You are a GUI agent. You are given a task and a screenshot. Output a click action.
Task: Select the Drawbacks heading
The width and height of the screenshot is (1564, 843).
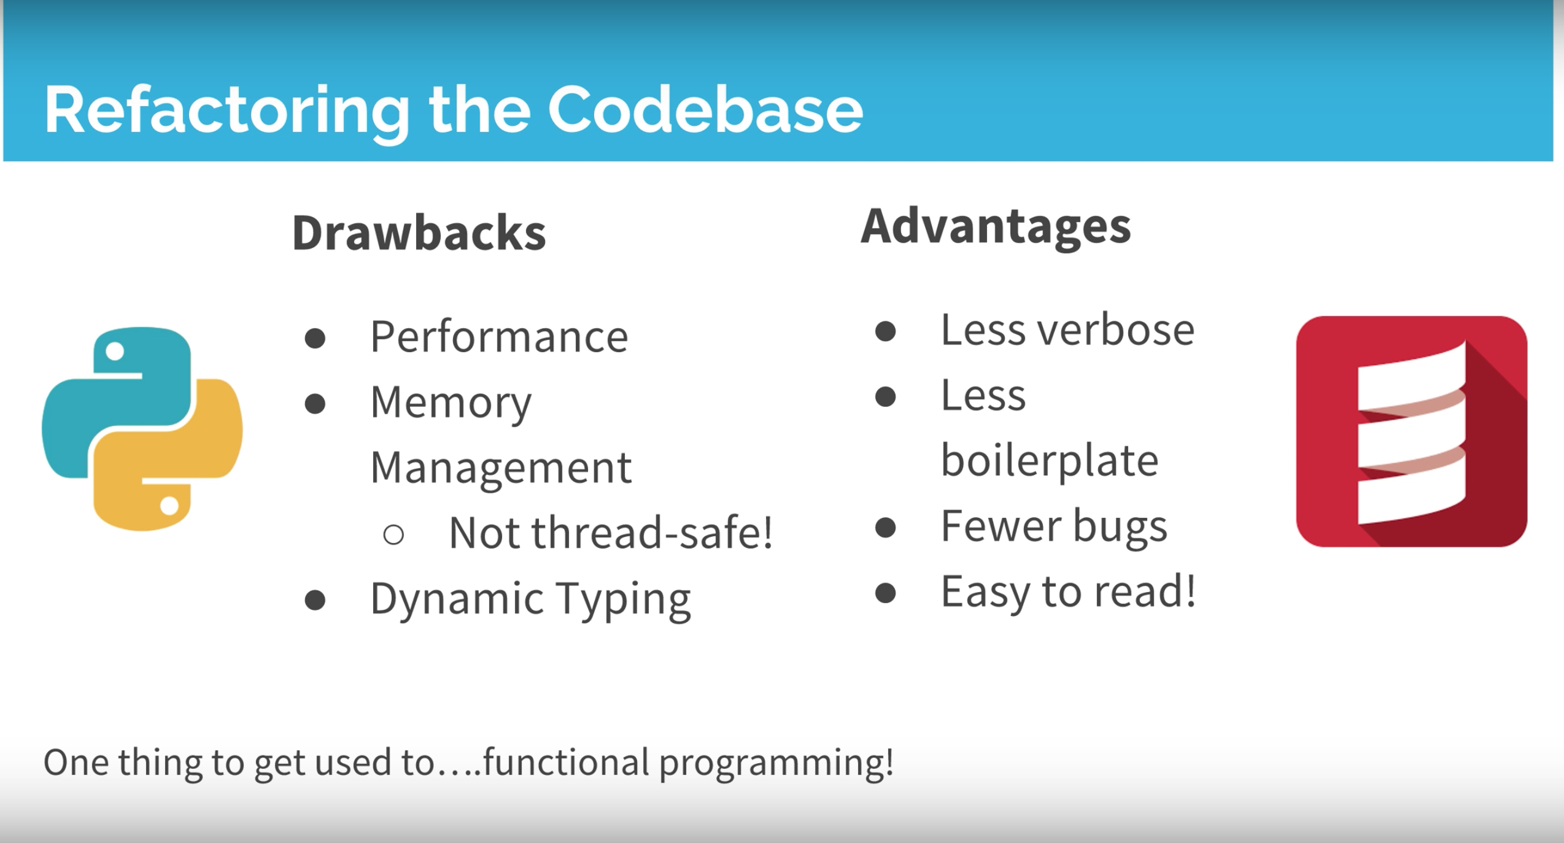tap(419, 233)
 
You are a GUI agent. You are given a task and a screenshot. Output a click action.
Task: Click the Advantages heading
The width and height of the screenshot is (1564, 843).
tap(995, 226)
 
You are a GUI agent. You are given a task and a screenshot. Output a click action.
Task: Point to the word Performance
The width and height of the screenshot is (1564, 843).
tap(499, 337)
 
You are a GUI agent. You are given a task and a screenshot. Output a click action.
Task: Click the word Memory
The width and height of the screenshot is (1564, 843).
tap(451, 403)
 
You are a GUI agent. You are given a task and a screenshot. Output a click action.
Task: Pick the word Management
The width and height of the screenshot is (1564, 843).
tap(501, 468)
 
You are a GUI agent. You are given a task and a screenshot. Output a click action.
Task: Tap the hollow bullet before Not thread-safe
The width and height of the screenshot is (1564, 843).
tap(393, 534)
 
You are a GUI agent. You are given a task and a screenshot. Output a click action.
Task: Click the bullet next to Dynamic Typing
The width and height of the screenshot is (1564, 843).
tap(315, 601)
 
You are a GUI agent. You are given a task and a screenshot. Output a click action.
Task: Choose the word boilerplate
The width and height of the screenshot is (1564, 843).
tap(1049, 461)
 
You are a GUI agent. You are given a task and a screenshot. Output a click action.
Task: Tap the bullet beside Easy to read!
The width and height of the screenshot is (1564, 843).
tap(885, 593)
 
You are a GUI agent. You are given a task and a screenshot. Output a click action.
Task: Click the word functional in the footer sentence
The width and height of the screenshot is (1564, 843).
tap(566, 763)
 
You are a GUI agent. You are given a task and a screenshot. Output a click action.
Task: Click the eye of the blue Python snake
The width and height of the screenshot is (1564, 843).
tap(115, 352)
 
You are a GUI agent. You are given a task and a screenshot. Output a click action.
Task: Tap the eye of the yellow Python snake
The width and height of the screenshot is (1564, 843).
tap(169, 506)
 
